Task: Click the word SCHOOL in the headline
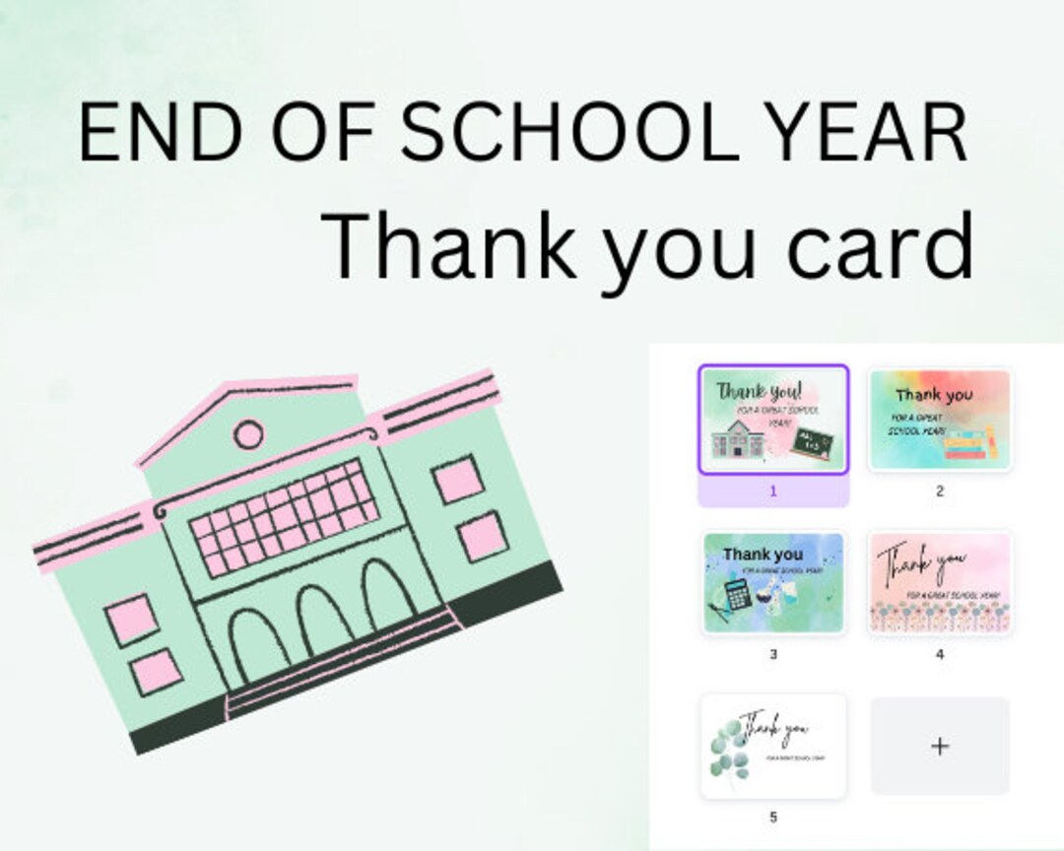[x=567, y=133]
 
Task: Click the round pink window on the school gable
[x=246, y=433]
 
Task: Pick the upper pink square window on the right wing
[x=458, y=481]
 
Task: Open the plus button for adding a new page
[x=940, y=746]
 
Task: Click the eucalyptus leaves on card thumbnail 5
[x=731, y=750]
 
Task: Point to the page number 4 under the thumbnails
[x=940, y=654]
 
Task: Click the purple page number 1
[x=773, y=491]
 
